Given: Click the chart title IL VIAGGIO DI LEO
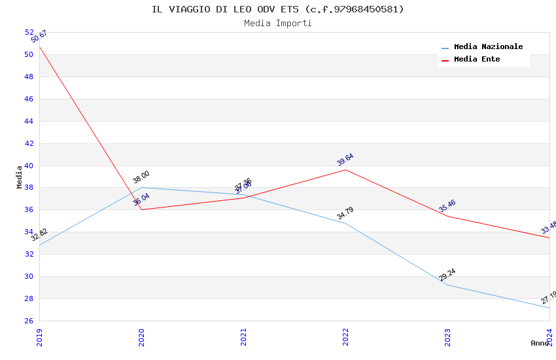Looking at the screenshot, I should (278, 9).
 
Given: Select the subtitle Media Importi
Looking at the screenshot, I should (278, 24).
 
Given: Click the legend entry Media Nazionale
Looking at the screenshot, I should (488, 47).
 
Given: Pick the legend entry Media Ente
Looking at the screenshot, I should (477, 60).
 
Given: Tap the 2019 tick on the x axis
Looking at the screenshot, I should (40, 336).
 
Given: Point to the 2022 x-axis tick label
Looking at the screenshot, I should (346, 336).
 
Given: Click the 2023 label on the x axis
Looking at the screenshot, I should (448, 336).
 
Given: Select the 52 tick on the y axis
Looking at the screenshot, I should (29, 32).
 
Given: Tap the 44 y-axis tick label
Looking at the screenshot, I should (29, 121).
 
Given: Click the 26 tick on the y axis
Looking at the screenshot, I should (29, 321).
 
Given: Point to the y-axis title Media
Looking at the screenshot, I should (20, 177).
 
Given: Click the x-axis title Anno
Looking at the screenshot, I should (540, 343).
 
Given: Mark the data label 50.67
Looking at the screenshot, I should (39, 37).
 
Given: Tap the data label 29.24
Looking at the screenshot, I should (447, 275).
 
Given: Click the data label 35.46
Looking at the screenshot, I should (447, 206).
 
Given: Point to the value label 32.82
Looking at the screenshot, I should (39, 235).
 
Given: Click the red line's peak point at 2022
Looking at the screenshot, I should (346, 170).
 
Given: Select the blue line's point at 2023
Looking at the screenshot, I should (448, 285).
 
